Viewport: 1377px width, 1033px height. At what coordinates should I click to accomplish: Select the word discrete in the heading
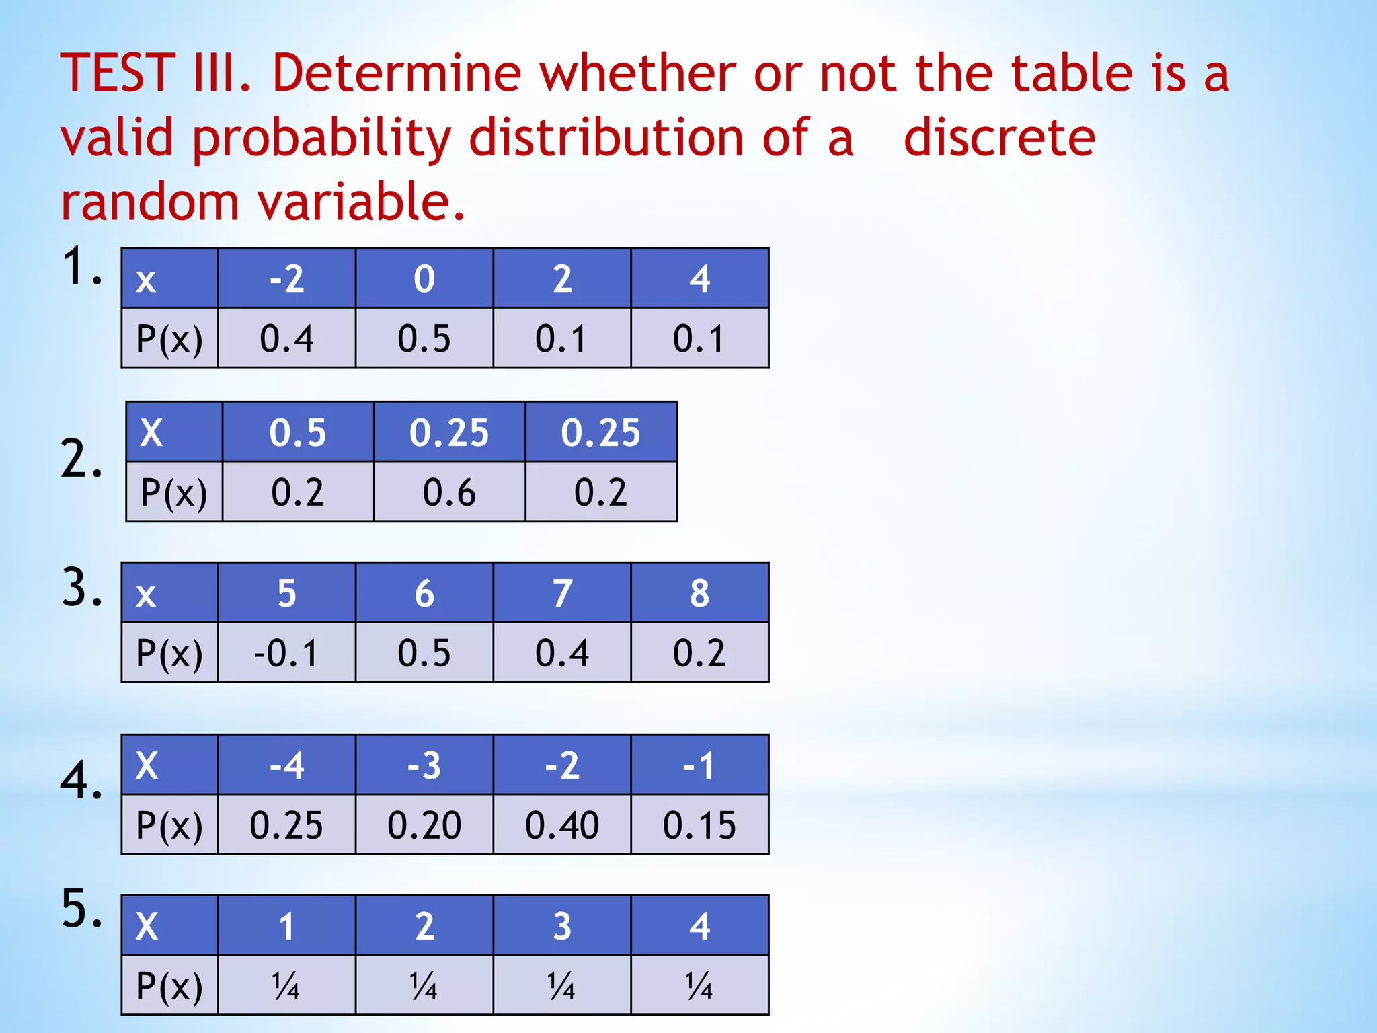tap(999, 138)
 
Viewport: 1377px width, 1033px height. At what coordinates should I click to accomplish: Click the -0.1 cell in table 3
tap(286, 652)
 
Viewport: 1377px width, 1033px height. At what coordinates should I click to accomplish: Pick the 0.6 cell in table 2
tap(449, 492)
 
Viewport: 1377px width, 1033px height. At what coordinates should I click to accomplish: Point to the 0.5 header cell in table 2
tap(298, 432)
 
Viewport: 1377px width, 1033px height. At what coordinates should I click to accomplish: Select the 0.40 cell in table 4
tap(562, 825)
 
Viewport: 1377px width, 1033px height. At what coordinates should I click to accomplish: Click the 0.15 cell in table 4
tap(699, 825)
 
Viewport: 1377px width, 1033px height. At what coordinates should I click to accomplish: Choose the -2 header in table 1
tap(286, 278)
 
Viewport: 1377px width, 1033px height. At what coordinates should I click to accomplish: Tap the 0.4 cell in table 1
tap(286, 338)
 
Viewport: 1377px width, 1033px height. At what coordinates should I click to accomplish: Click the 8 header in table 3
tap(699, 593)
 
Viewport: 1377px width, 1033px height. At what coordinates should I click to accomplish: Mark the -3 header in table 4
tap(424, 765)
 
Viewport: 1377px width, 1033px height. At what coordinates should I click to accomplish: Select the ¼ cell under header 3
tap(562, 985)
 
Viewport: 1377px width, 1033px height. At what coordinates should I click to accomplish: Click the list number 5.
tap(82, 909)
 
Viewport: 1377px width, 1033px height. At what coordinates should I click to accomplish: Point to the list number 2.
tap(81, 459)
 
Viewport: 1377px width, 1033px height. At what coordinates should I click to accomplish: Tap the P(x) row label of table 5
tap(169, 985)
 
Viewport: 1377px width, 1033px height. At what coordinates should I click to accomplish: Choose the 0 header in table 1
tap(424, 278)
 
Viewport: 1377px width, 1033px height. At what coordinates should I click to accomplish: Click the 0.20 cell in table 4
tap(424, 825)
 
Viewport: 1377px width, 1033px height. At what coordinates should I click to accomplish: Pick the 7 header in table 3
tap(562, 593)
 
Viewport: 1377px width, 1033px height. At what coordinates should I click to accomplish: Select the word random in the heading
tap(150, 202)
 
